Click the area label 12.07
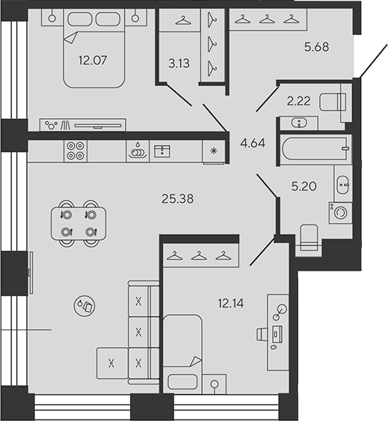[x=93, y=61]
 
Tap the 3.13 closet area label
[x=179, y=64]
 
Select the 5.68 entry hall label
[x=316, y=47]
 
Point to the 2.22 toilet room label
[x=298, y=101]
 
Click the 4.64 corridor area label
[x=253, y=143]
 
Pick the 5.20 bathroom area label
[x=304, y=186]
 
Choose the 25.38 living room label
[x=177, y=199]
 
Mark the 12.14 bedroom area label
[x=231, y=304]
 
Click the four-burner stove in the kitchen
[x=76, y=151]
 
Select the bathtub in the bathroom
[x=315, y=149]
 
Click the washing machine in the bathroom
[x=340, y=212]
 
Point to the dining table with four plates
[x=78, y=223]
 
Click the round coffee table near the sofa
[x=84, y=306]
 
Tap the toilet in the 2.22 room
[x=333, y=102]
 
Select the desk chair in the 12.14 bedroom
[x=262, y=334]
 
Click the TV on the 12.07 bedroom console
[x=98, y=126]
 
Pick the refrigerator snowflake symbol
[x=214, y=151]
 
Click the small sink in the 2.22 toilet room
[x=299, y=123]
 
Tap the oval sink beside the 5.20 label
[x=343, y=185]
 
